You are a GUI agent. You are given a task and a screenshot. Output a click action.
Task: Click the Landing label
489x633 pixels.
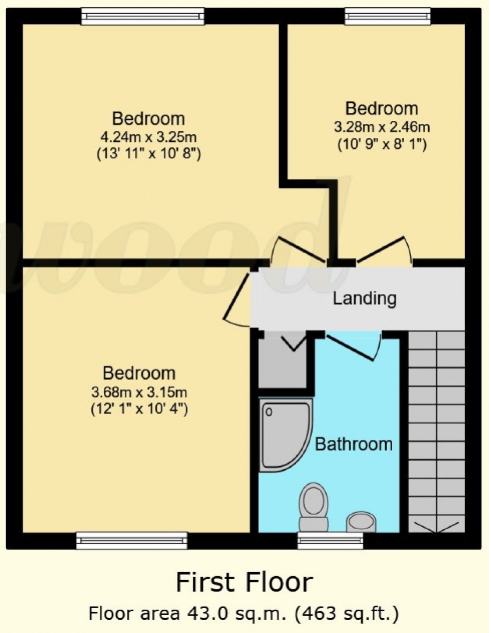tap(365, 298)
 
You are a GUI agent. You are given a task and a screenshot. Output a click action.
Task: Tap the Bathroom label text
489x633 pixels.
tap(353, 444)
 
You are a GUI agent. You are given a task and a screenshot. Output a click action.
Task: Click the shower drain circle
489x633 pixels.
tap(269, 412)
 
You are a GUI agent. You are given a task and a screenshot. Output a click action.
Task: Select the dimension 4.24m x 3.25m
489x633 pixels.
tap(149, 137)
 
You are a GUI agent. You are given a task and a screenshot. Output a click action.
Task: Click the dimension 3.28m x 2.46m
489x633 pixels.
tap(382, 127)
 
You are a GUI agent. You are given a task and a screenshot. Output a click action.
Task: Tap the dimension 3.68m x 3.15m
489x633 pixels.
tap(139, 392)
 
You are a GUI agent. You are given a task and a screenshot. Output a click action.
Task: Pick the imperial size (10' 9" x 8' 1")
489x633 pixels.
tap(382, 144)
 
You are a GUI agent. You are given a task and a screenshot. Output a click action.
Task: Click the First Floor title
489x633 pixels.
tap(244, 582)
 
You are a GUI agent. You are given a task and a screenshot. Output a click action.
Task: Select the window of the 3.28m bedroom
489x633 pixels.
tap(388, 17)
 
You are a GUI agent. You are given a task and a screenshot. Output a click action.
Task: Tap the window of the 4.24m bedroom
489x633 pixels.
tap(143, 17)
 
